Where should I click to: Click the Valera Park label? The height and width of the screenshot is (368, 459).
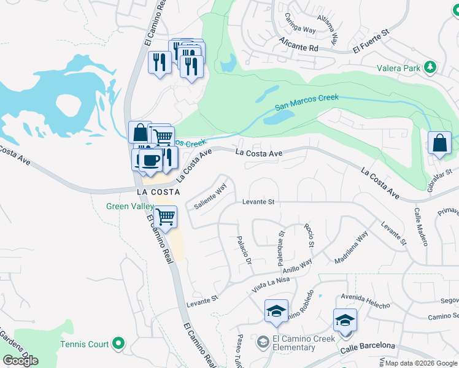(x=399, y=68)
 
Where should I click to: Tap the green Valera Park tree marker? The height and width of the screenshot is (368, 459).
(x=431, y=67)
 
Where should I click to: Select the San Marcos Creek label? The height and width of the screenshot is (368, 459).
(x=306, y=102)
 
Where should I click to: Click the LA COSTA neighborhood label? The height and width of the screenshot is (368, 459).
(x=158, y=191)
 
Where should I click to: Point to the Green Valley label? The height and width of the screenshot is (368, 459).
(x=129, y=207)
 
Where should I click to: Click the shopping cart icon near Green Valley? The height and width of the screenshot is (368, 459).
(x=164, y=216)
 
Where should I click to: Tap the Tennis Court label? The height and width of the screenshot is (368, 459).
(x=85, y=345)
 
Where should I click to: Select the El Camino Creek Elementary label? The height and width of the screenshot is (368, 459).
(x=303, y=343)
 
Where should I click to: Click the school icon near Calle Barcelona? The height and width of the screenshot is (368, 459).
(x=345, y=320)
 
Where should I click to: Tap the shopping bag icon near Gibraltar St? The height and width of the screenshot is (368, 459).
(x=439, y=144)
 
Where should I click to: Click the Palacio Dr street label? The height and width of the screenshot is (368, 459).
(x=244, y=251)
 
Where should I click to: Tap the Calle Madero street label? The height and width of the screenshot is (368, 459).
(x=420, y=227)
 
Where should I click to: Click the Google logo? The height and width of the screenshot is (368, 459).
(x=20, y=361)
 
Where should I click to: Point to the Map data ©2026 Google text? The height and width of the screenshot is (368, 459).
(x=420, y=363)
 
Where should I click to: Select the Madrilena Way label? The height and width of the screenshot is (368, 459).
(x=352, y=247)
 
